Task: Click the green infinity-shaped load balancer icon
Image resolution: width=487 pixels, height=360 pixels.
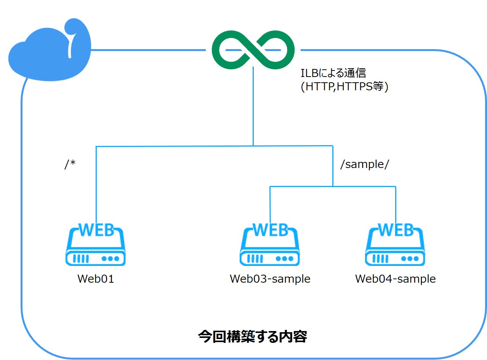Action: pos(253,50)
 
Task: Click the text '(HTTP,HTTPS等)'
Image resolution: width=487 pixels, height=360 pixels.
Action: pos(344,87)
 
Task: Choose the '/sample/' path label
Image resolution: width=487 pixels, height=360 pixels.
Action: pos(364,165)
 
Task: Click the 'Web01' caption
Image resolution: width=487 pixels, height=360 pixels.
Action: pos(96,279)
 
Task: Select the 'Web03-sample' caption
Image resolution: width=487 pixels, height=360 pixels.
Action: pos(270,279)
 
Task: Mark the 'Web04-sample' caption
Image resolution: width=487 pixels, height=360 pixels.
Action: pos(395,279)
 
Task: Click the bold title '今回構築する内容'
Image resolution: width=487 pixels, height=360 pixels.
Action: pos(253,336)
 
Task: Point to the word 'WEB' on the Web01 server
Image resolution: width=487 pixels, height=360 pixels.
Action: pos(96,230)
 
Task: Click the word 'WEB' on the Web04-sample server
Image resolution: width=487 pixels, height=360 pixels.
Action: pos(395,230)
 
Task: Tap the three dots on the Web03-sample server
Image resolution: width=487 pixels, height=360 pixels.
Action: pos(285,259)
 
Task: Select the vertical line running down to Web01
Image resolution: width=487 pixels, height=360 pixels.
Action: pos(96,183)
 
